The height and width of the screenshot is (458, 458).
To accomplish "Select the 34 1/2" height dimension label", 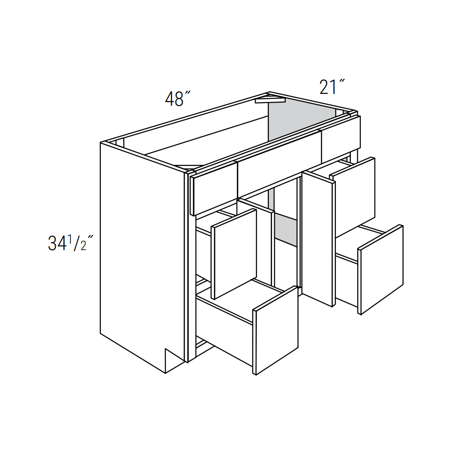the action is [x=71, y=243].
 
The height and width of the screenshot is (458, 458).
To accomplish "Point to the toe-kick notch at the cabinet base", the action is [x=172, y=359].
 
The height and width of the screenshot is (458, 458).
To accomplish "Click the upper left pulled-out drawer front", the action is [x=234, y=254].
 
